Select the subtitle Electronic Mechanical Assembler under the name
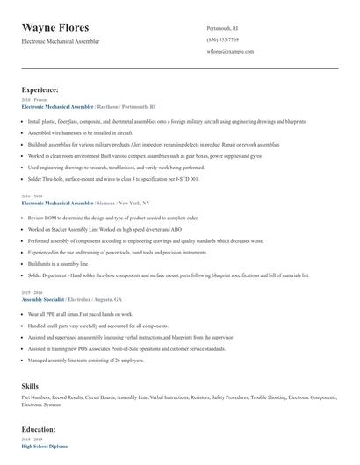pyautogui.click(x=61, y=41)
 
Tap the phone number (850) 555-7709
pyautogui.click(x=222, y=39)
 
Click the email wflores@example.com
pyautogui.click(x=230, y=51)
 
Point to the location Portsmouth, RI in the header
pyautogui.click(x=222, y=28)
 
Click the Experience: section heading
pyautogui.click(x=40, y=89)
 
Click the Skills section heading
pyautogui.click(x=31, y=386)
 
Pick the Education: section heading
pyautogui.click(x=39, y=429)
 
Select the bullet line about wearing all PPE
pyautogui.click(x=80, y=313)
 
